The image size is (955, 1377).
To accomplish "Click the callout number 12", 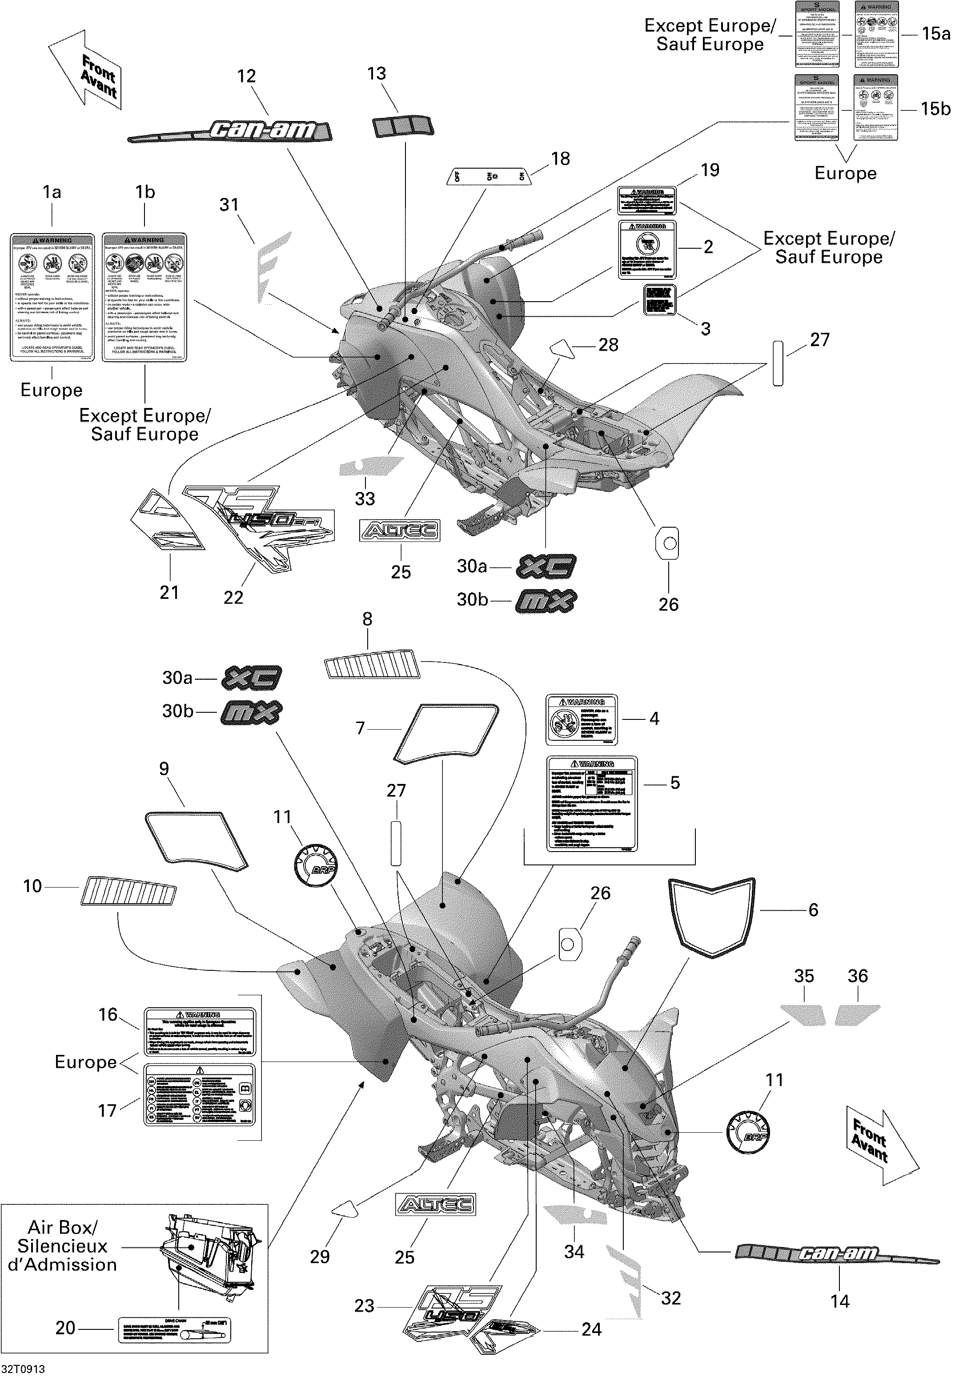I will (246, 76).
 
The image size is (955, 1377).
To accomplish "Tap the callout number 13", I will (377, 74).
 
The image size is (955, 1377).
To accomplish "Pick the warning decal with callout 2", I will (647, 249).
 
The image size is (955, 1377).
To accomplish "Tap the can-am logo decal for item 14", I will (837, 1253).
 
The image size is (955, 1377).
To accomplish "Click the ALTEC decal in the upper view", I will (400, 530).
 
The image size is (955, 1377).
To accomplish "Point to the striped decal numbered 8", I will (372, 665).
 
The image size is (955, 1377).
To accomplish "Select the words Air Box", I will (62, 1228).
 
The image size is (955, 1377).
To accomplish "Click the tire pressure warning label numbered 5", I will (592, 804).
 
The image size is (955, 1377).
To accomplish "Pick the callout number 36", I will (858, 976).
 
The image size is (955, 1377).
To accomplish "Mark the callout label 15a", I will (936, 34).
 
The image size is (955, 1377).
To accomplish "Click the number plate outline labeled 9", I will (196, 840).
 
